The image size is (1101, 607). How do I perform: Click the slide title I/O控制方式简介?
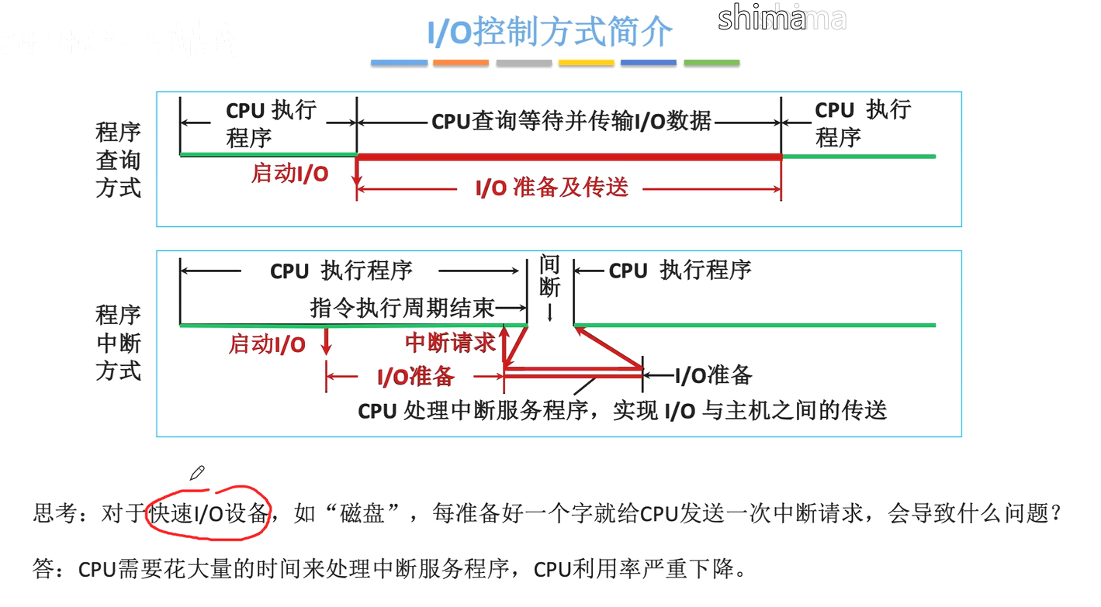click(x=549, y=33)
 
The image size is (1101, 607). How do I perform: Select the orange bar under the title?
click(x=461, y=63)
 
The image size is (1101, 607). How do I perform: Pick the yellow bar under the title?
click(x=586, y=63)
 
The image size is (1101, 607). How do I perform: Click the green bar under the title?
click(x=711, y=63)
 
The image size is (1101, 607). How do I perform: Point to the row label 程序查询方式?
click(x=118, y=160)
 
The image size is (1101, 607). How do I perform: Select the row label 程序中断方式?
click(x=118, y=343)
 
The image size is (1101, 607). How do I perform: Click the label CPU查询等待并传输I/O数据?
click(x=571, y=122)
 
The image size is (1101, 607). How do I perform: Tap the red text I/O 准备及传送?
click(x=552, y=188)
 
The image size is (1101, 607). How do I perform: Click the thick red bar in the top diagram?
click(x=568, y=157)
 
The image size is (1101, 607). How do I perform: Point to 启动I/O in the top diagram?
click(x=289, y=174)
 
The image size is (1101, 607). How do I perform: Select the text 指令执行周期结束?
click(x=402, y=309)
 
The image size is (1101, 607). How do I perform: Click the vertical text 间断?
click(x=549, y=277)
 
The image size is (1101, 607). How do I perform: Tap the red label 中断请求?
click(x=450, y=343)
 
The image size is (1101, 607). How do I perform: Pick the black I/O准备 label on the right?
click(x=713, y=375)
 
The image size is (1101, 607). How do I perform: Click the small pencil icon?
click(x=197, y=472)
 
